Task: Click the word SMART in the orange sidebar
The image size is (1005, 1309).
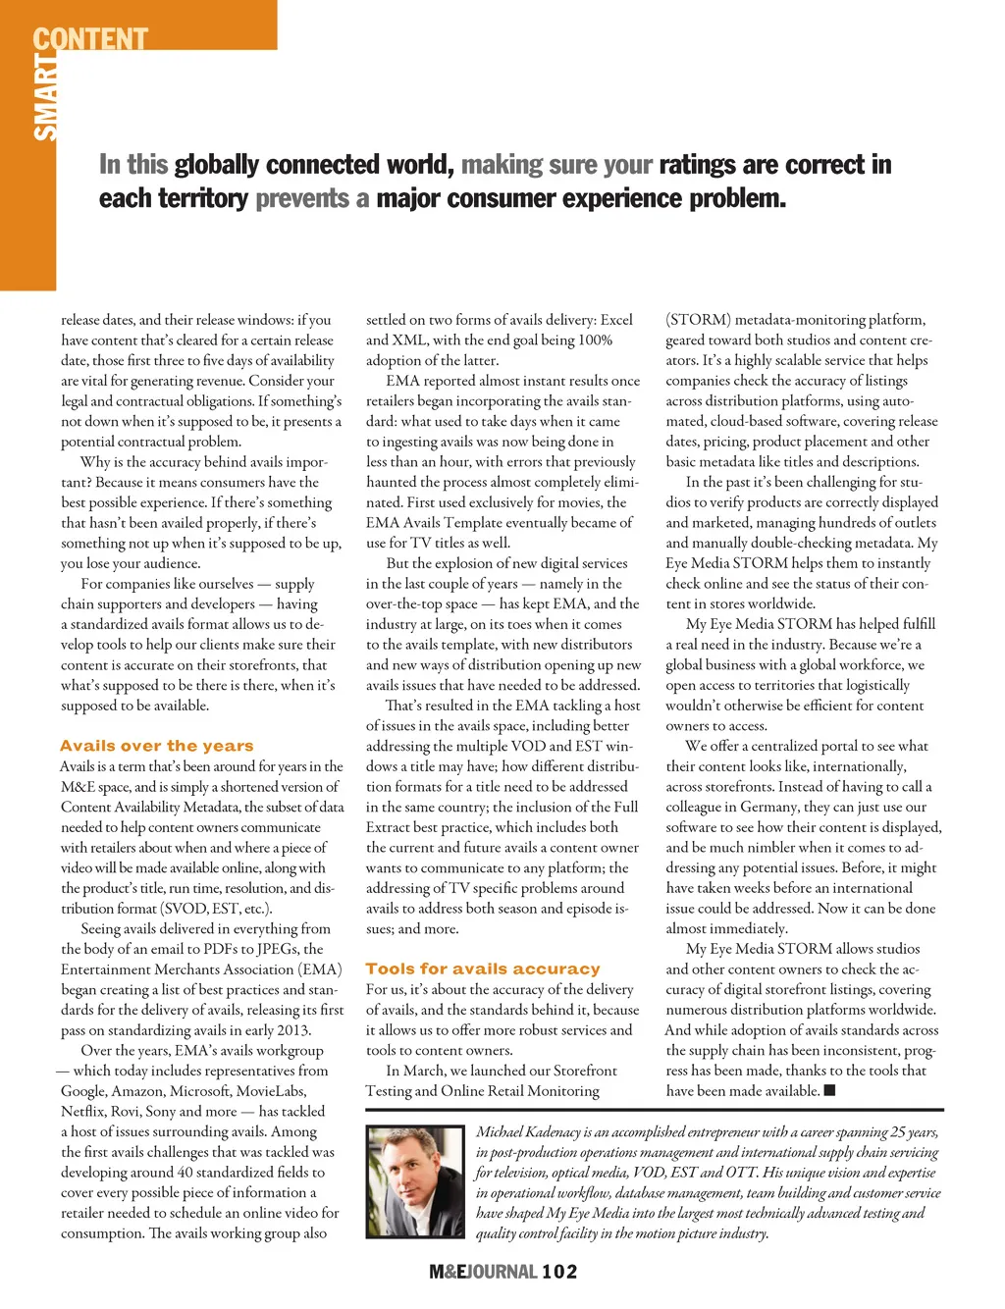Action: click(45, 98)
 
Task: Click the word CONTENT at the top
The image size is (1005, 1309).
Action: click(90, 39)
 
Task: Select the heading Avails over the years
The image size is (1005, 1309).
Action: click(157, 746)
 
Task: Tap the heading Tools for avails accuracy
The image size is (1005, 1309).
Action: click(483, 969)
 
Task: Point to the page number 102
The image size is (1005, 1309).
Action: click(559, 1272)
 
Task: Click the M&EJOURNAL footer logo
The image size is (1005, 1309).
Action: click(483, 1272)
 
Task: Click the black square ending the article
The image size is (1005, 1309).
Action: click(829, 1090)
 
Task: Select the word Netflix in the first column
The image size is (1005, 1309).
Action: click(82, 1112)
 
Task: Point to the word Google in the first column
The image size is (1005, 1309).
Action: click(84, 1091)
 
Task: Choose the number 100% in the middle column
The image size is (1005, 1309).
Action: click(595, 340)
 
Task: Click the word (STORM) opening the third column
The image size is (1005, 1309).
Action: click(699, 320)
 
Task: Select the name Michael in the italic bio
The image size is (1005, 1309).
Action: click(501, 1132)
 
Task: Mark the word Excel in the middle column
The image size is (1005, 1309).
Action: click(616, 320)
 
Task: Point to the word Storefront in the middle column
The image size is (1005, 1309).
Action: click(585, 1071)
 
